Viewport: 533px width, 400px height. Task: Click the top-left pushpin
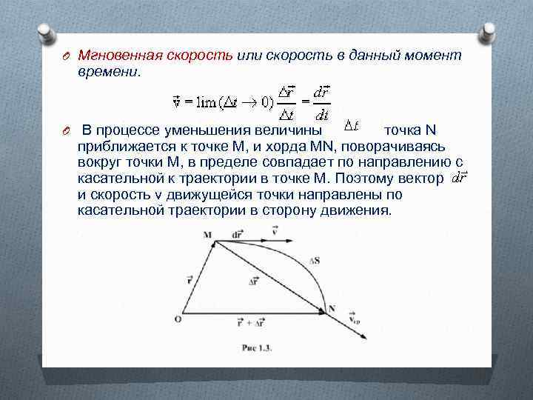coord(44,33)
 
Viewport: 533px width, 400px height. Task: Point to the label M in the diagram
coord(207,236)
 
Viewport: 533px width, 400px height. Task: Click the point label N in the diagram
coord(332,308)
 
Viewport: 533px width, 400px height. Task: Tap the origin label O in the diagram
coord(178,319)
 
